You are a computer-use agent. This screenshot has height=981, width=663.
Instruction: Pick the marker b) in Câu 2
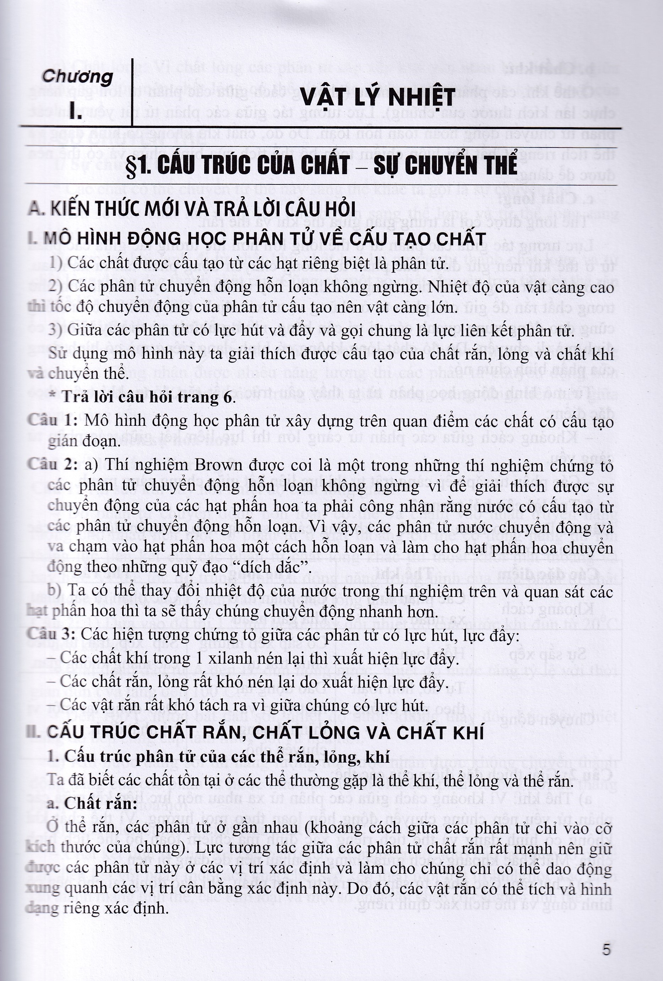point(54,590)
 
